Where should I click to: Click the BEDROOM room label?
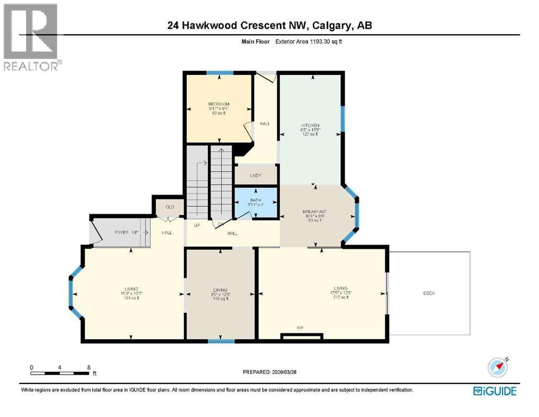[x=219, y=104]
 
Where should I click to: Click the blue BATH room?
[x=256, y=204]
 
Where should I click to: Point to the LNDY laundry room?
[x=256, y=175]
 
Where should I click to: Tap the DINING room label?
[x=220, y=290]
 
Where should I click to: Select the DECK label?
[x=429, y=293]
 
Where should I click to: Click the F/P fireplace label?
[x=299, y=327]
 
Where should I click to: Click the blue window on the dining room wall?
[x=221, y=341]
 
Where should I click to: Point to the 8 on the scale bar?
[x=88, y=367]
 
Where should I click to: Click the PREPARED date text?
[x=269, y=372]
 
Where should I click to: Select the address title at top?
[x=269, y=24]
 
